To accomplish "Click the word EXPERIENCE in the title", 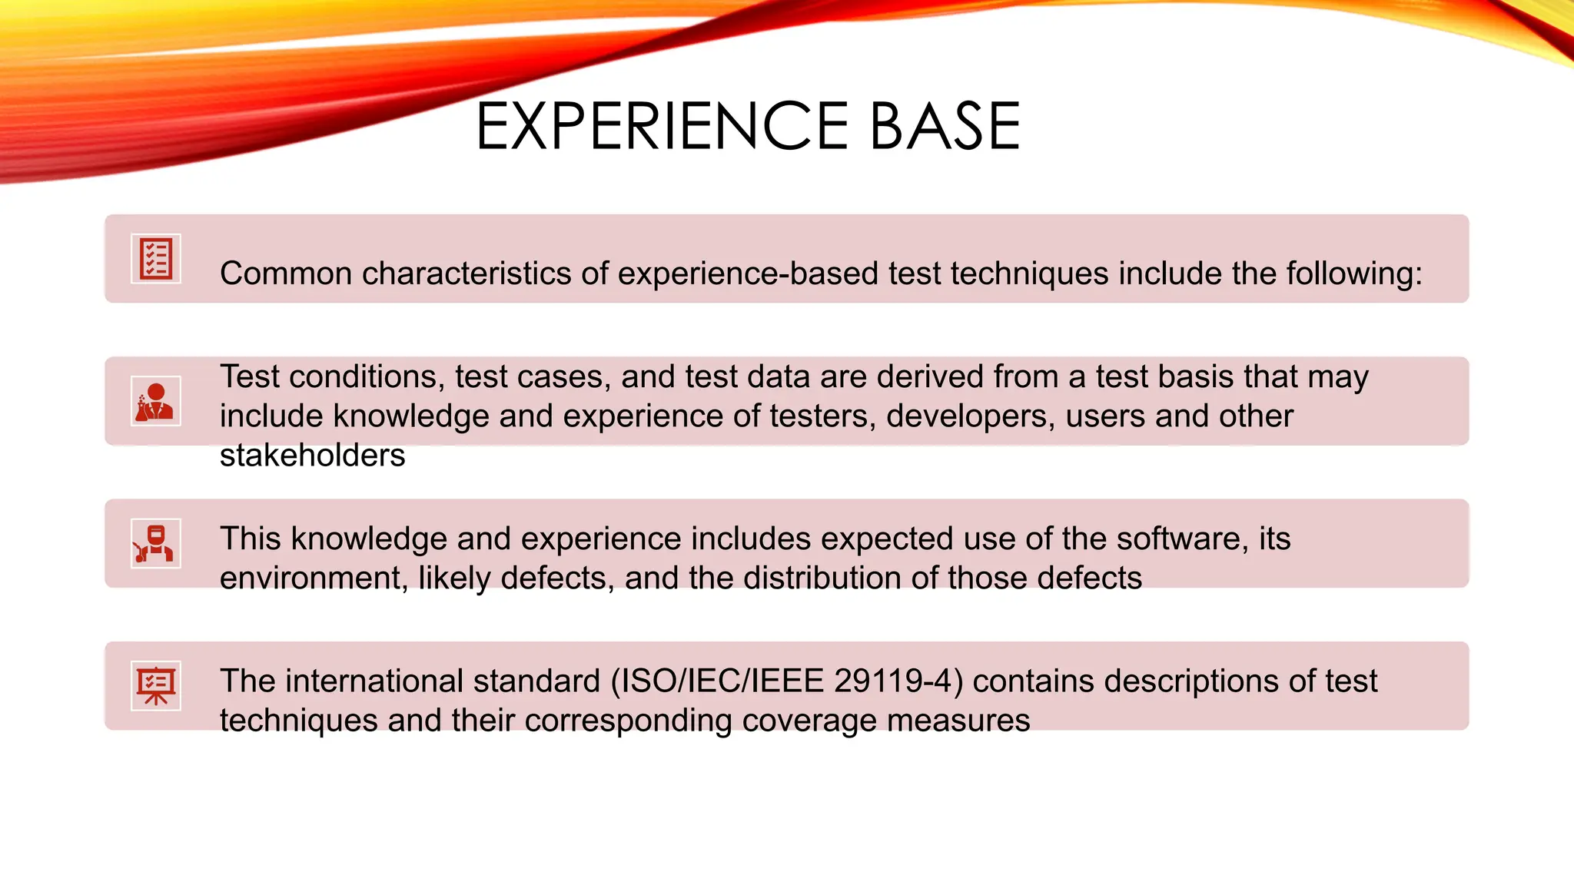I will point(662,127).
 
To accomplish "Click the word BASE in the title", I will point(945,127).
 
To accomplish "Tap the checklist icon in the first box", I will point(156,259).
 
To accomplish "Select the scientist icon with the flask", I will point(156,401).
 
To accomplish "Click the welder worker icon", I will point(156,543).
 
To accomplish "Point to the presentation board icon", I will point(156,685).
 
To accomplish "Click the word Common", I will point(286,273).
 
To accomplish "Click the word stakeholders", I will point(312,456).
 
